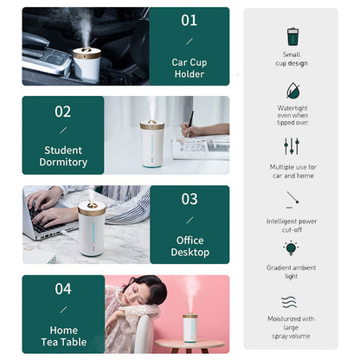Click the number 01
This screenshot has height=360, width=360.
(189, 20)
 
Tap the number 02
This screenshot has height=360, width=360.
(62, 111)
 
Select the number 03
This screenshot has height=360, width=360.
(189, 199)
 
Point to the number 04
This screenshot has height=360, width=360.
(62, 288)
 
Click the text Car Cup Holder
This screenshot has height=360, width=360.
(189, 68)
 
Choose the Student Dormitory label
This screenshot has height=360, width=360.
(63, 156)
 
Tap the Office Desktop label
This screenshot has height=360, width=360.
(190, 246)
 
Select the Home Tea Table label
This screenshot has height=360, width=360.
(63, 336)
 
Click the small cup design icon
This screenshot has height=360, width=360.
(292, 36)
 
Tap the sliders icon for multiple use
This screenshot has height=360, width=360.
(292, 145)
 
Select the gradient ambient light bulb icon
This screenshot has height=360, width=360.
(292, 249)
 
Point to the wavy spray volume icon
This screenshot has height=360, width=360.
(292, 302)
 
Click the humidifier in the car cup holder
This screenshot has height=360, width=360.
(87, 61)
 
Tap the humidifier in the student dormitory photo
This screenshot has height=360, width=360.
(151, 143)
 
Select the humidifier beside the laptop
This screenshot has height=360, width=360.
(92, 229)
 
